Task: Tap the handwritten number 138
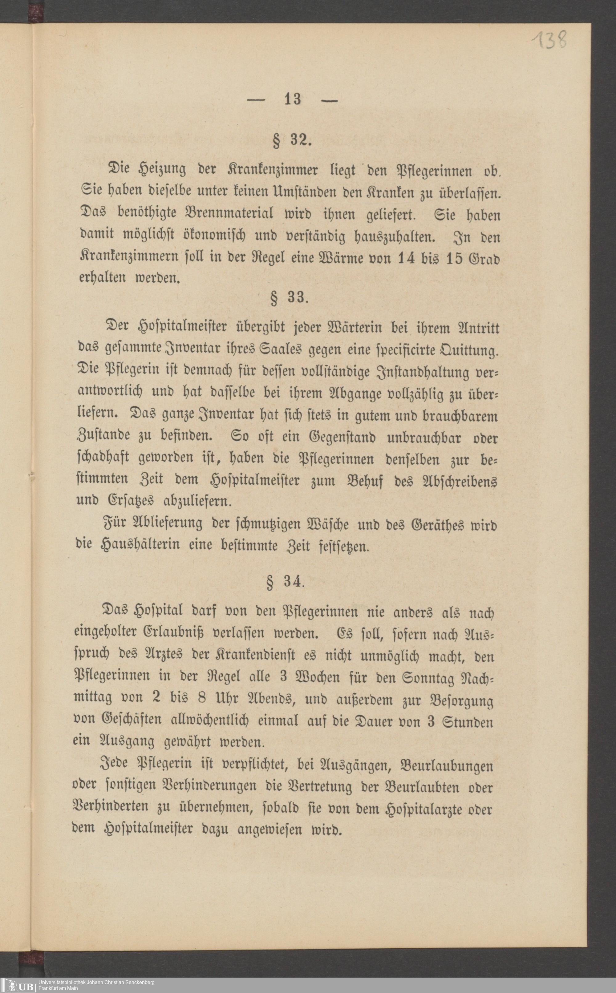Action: click(549, 40)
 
